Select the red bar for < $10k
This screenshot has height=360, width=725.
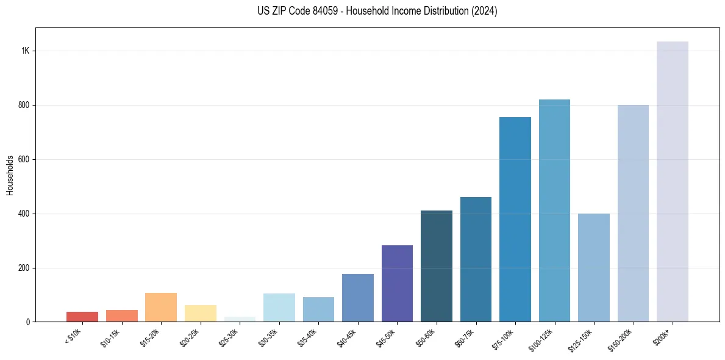tap(82, 317)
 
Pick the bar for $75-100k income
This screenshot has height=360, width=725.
tap(515, 219)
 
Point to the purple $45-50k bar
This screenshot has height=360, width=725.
tap(397, 284)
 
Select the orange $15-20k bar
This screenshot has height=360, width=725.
tap(161, 308)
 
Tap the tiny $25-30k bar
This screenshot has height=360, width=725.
tap(240, 319)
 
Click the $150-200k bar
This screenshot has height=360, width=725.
tap(633, 213)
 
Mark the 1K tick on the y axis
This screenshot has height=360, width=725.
tap(26, 51)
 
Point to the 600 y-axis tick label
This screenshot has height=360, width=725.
tap(24, 159)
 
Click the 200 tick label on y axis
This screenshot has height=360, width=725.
tap(24, 268)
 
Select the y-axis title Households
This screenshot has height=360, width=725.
tap(10, 175)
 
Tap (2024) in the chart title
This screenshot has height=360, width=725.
tap(485, 11)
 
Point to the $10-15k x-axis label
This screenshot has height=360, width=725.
tap(111, 337)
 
